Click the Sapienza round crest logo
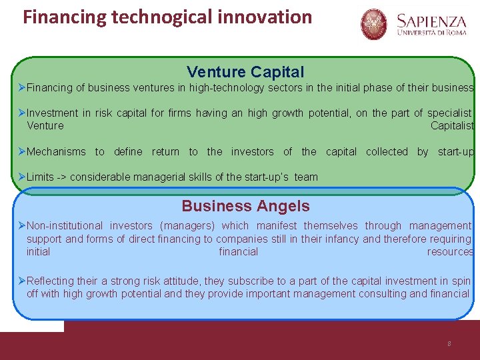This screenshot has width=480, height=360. [x=374, y=24]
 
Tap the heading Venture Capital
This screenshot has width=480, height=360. [x=245, y=71]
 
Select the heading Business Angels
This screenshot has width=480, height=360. [x=245, y=206]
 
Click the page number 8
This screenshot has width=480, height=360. [x=449, y=343]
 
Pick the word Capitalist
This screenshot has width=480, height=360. [x=452, y=125]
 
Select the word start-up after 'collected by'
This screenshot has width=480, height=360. [x=456, y=151]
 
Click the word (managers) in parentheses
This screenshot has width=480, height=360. [x=188, y=225]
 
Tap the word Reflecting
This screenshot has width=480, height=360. [x=51, y=281]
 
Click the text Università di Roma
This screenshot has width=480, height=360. [x=431, y=32]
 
